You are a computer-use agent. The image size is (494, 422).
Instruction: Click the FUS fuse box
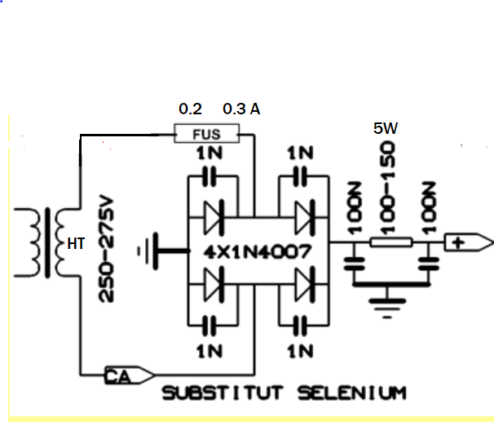[207, 134]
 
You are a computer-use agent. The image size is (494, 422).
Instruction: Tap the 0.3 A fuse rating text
[241, 109]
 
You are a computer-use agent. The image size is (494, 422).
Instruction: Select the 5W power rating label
[386, 128]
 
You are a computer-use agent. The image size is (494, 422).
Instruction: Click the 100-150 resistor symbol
[391, 242]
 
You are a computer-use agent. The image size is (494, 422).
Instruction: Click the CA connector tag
[129, 375]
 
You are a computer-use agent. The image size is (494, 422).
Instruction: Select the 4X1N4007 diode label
[258, 252]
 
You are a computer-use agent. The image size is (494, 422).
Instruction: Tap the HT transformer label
[77, 244]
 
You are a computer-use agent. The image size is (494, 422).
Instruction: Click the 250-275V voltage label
[107, 248]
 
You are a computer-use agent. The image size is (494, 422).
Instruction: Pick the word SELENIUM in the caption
[352, 393]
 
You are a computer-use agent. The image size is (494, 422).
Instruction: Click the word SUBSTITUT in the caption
[223, 393]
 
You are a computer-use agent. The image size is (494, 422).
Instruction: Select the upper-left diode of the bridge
[214, 218]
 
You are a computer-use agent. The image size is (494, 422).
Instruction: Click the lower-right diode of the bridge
[304, 285]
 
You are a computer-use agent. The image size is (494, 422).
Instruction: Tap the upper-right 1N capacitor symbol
[300, 176]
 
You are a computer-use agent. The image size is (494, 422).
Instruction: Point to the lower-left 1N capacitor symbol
[210, 325]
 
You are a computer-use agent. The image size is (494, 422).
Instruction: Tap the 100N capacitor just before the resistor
[354, 264]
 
